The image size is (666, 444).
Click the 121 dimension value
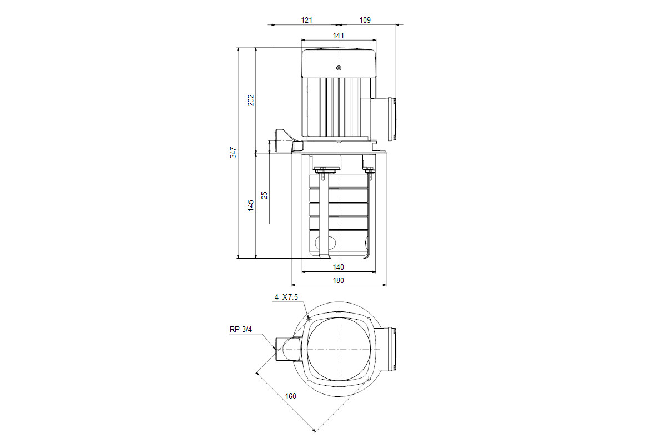coord(306,20)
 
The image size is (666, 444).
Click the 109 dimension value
coord(365,20)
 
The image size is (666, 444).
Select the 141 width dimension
coord(339,36)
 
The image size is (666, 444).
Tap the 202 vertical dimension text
coord(251,100)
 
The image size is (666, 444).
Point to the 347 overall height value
coord(234,153)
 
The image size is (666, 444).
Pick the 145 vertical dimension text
coord(251,205)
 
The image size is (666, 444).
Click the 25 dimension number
coord(264,195)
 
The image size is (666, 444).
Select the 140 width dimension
coord(339,267)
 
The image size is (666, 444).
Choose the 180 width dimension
coord(339,280)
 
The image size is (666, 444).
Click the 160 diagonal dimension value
coord(290,396)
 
